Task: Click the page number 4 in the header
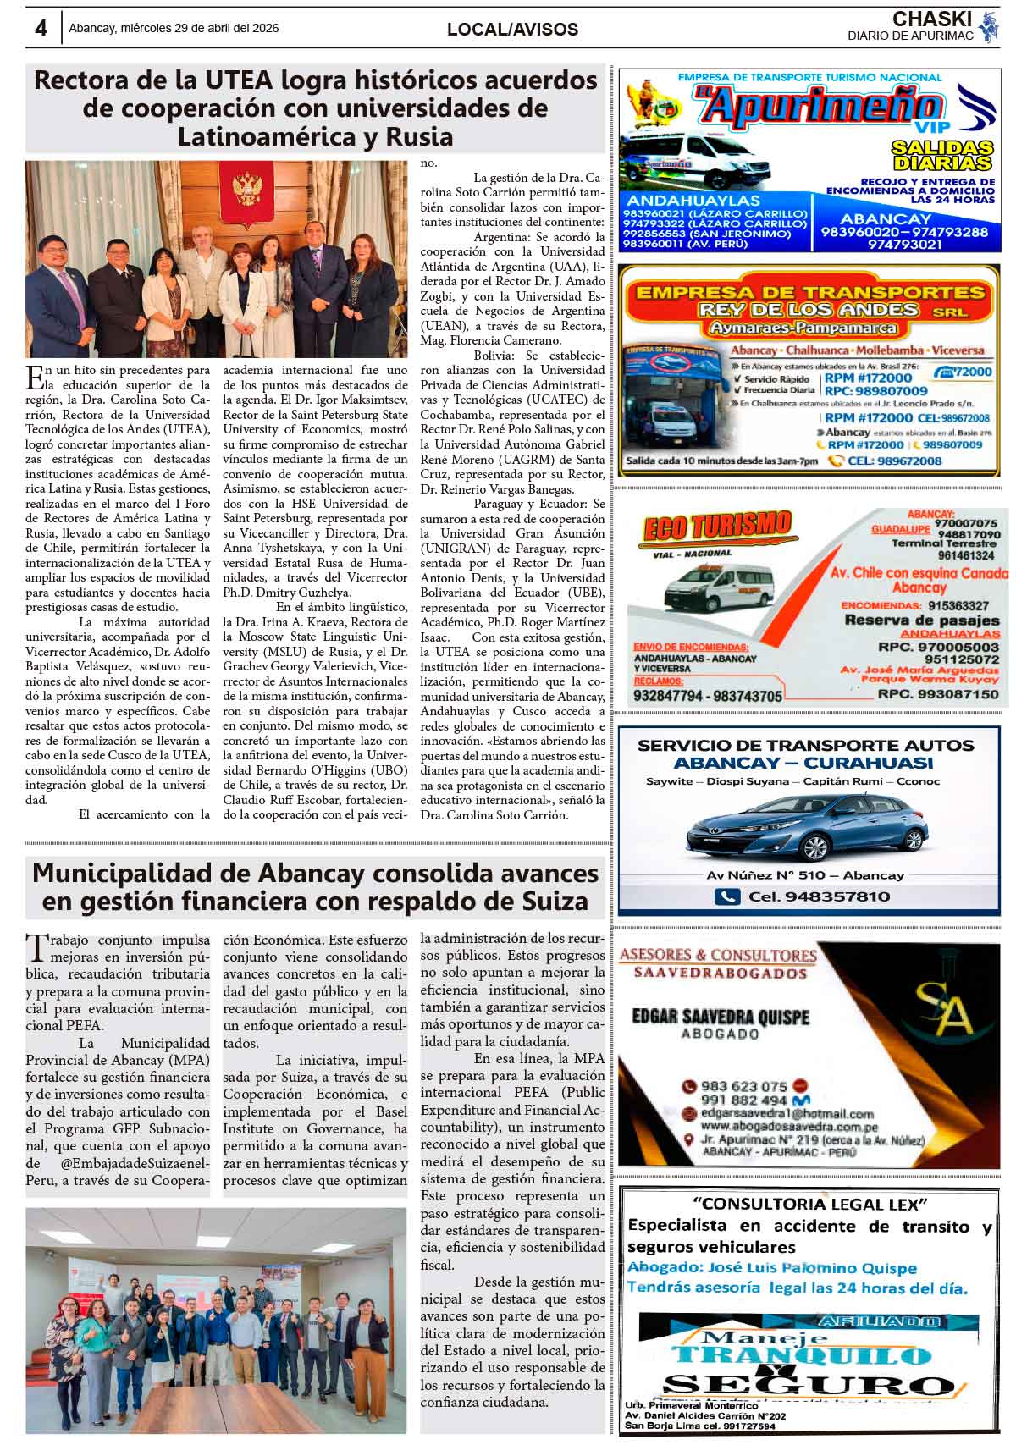point(41,28)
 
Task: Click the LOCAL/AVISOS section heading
point(512,30)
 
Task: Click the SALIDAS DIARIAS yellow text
point(941,155)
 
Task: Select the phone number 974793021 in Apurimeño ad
point(904,244)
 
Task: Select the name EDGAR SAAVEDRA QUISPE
point(721,1016)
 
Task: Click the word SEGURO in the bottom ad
point(809,1385)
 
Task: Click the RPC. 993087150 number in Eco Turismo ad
point(937,694)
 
